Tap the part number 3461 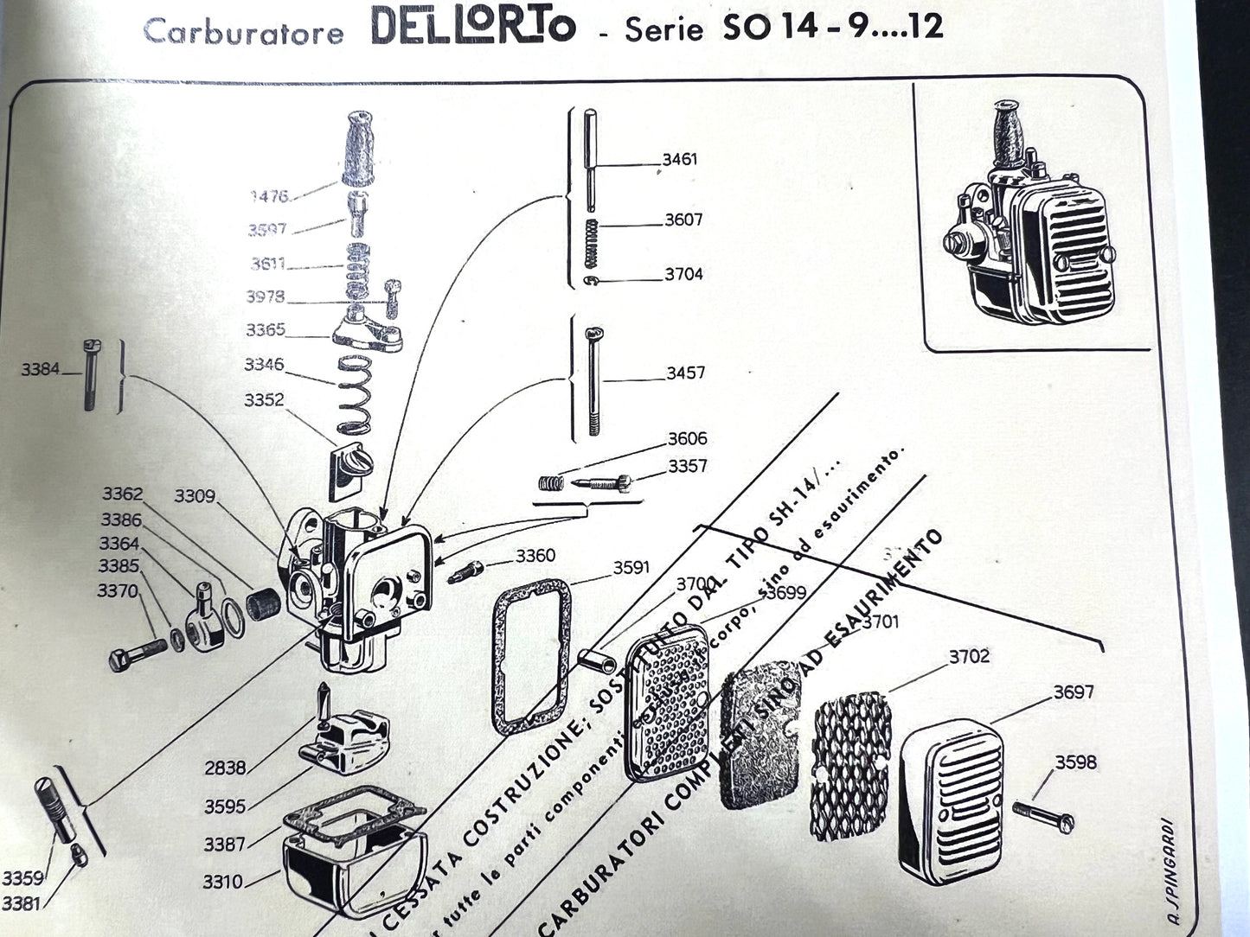tap(679, 159)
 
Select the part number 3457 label tap(685, 373)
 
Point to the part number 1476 tap(269, 196)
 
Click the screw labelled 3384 tap(91, 374)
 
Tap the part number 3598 tap(1075, 762)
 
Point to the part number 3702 tap(969, 656)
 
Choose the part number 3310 tap(223, 882)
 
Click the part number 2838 tap(225, 768)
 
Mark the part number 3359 tap(22, 878)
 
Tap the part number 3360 tap(535, 556)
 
